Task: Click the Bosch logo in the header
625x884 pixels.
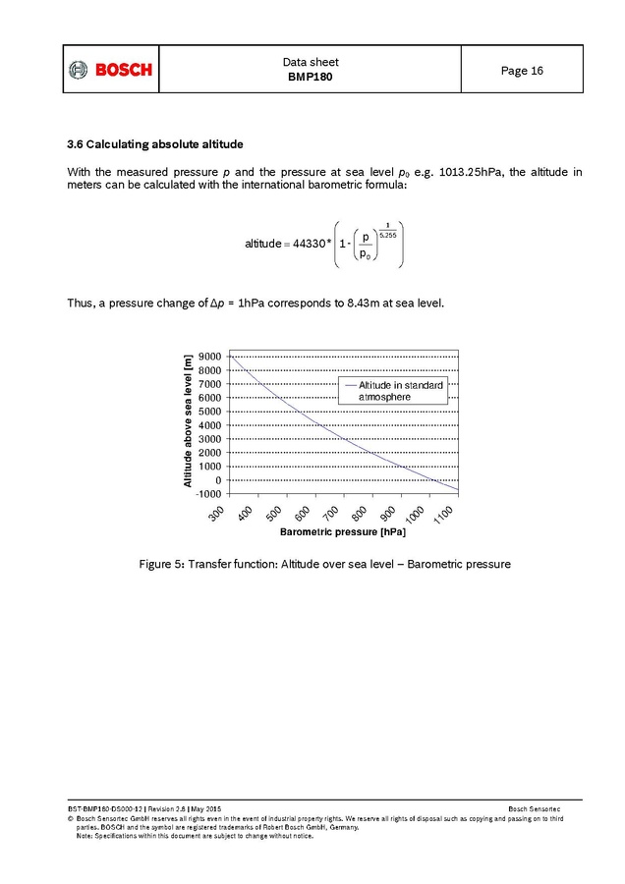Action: (x=110, y=70)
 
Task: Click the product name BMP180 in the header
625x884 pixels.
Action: (x=310, y=77)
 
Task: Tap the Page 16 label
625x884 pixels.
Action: (x=521, y=70)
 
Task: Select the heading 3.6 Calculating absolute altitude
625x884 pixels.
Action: (x=154, y=144)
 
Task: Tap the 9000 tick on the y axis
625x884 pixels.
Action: (x=208, y=356)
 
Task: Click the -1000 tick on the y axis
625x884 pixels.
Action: (x=207, y=494)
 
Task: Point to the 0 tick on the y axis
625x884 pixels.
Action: (x=218, y=480)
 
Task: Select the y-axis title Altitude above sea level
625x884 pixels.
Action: (x=187, y=421)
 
